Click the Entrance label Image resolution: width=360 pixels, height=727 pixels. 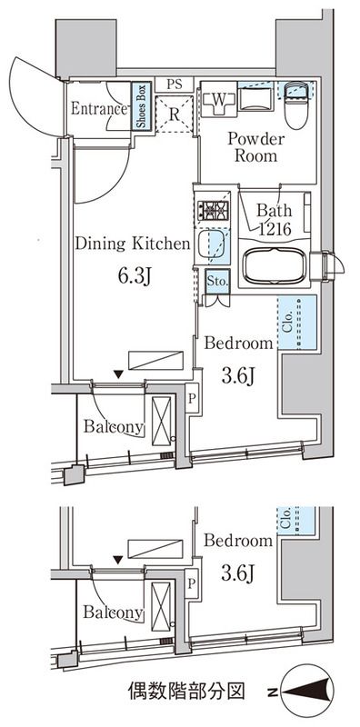tap(99, 109)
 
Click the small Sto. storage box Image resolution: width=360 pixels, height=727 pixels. tap(216, 281)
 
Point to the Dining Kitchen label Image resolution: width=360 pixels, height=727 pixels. tap(132, 244)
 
